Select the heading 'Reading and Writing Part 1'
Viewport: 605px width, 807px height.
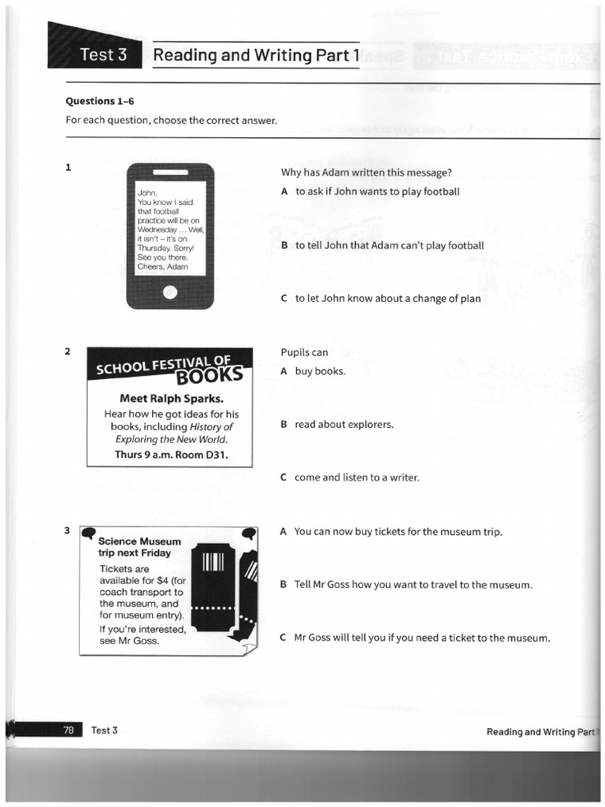(x=256, y=55)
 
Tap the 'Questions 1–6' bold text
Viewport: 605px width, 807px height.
(x=95, y=101)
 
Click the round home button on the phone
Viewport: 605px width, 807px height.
(x=170, y=292)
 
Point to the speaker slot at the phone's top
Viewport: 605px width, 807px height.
(x=170, y=172)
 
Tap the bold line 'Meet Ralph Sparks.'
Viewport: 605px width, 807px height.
(x=170, y=398)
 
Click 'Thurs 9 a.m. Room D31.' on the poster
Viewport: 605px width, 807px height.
(x=170, y=455)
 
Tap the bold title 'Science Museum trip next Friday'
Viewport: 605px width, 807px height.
(x=139, y=547)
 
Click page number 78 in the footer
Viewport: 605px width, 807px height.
(x=69, y=731)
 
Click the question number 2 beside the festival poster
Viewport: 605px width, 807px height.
(x=69, y=351)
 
